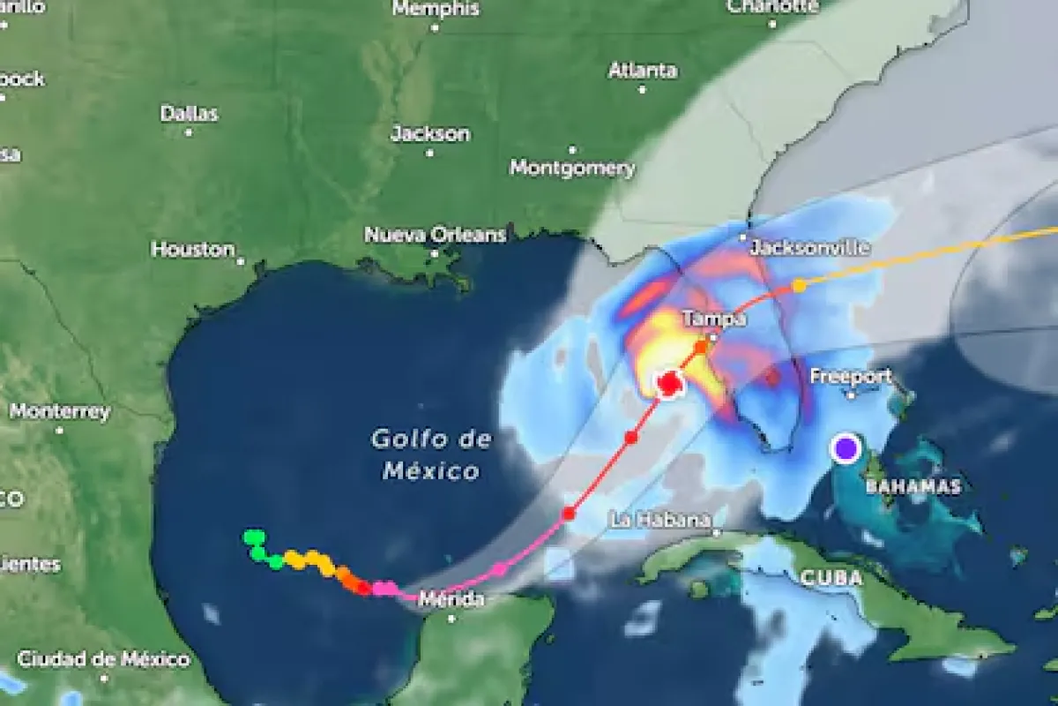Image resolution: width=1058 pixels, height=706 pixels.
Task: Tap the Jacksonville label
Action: click(809, 248)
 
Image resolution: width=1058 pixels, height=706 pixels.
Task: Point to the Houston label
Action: click(193, 250)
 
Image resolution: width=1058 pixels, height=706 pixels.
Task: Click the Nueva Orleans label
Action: click(436, 235)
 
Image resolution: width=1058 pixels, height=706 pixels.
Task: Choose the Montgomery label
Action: click(572, 167)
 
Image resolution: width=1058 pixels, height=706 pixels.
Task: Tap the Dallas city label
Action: click(189, 113)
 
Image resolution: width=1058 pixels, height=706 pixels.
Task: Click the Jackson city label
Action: click(430, 134)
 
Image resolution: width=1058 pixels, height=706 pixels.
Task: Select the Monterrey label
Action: click(60, 411)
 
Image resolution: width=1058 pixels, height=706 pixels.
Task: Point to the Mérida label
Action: click(451, 600)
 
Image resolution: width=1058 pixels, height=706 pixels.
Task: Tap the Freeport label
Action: click(851, 376)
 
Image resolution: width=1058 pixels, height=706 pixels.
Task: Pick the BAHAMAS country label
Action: click(913, 486)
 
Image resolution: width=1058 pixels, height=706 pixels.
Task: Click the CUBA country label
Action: click(831, 578)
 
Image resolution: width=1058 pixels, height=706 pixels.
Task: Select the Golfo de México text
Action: click(431, 454)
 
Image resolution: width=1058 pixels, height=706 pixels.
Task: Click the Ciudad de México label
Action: click(103, 658)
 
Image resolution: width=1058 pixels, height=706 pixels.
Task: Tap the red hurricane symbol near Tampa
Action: click(668, 384)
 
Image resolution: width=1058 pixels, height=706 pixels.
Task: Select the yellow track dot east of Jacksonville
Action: click(798, 285)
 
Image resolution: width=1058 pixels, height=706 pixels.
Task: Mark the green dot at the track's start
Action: click(254, 537)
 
